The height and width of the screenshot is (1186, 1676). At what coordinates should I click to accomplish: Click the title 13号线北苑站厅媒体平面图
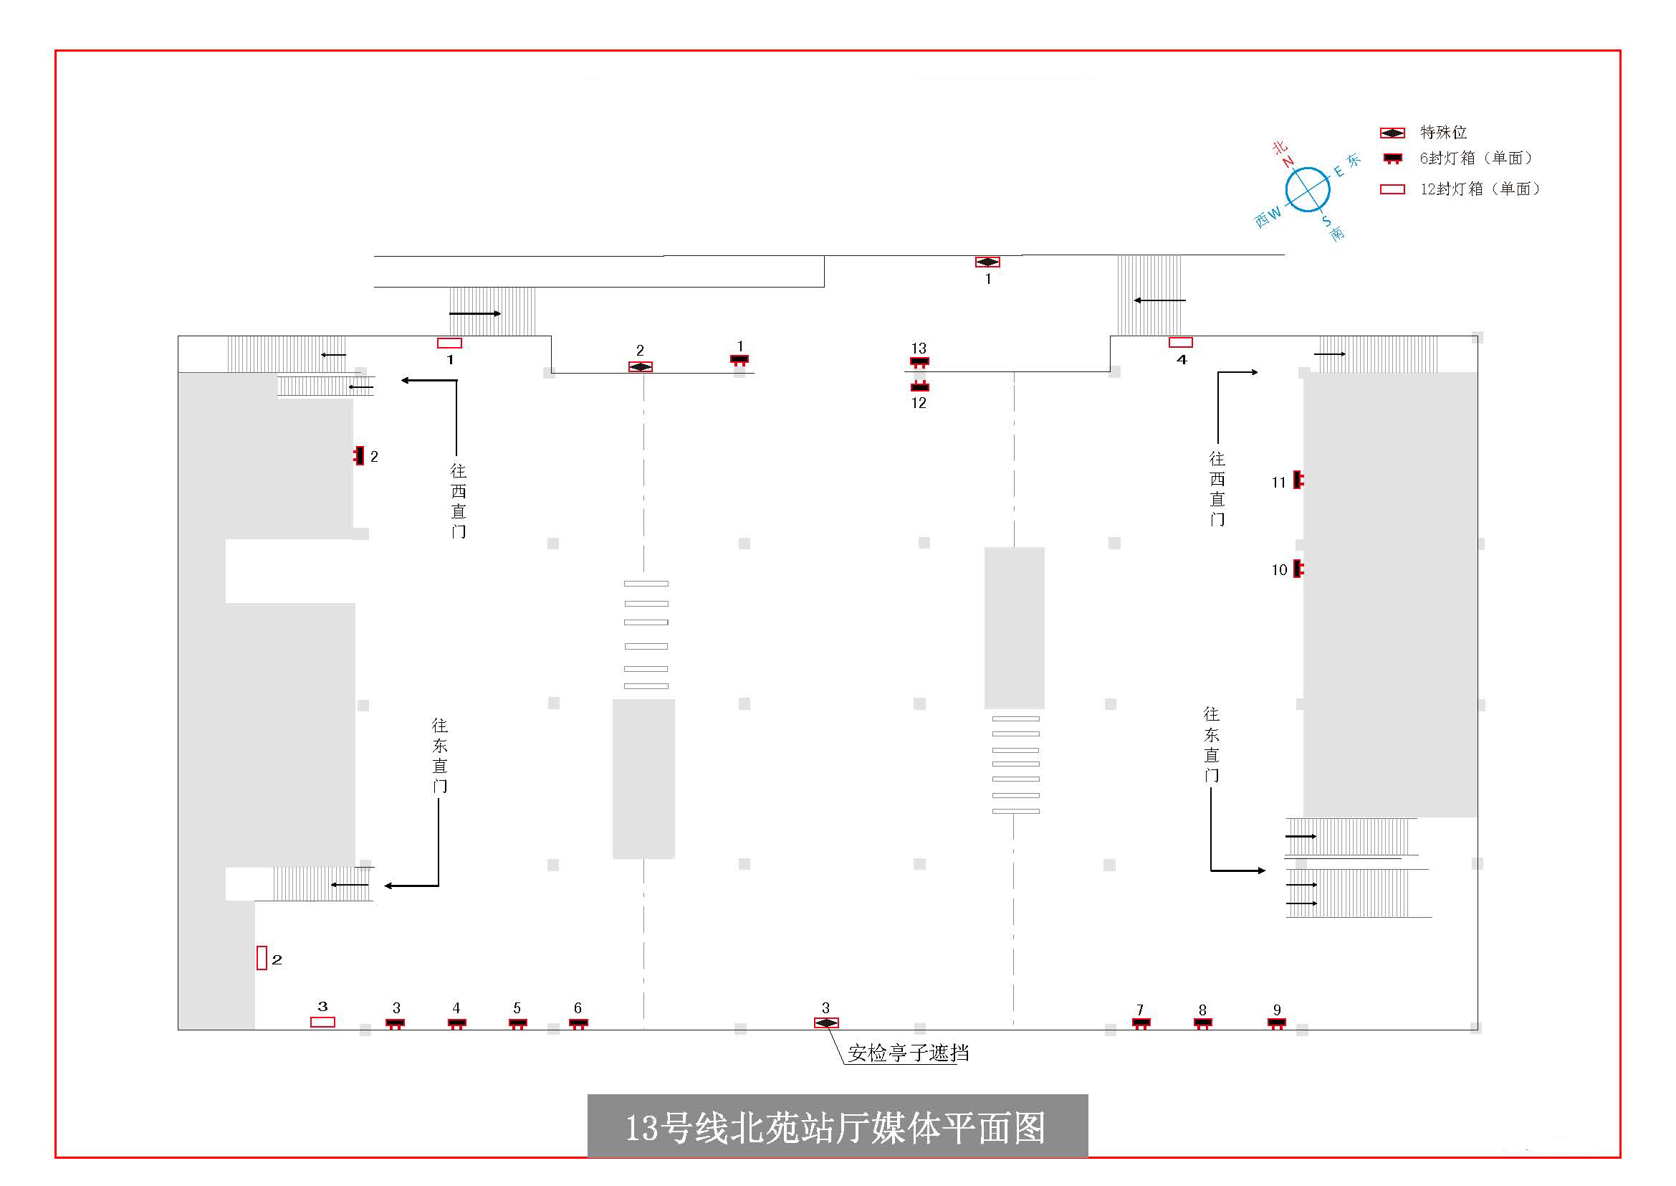coord(835,1128)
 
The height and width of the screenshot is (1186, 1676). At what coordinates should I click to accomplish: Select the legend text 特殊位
coord(1443,132)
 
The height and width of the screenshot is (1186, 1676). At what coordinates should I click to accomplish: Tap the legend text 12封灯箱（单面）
coord(1480,189)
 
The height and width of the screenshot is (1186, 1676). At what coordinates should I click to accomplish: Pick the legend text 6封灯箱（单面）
coord(1476,158)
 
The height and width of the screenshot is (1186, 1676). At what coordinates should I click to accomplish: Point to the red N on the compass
coord(1288,162)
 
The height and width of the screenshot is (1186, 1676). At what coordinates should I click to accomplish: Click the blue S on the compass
coord(1326,220)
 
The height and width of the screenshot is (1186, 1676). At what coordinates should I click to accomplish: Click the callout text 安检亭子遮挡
coord(909,1053)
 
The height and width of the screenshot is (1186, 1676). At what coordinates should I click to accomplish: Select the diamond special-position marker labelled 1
coord(987,262)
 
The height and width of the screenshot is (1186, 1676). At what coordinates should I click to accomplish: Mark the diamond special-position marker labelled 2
coord(640,366)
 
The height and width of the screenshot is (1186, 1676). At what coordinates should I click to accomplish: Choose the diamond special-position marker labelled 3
coord(826,1023)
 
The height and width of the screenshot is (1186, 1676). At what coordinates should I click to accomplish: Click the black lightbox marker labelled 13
coord(919,362)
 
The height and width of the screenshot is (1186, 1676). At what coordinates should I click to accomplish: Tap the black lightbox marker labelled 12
coord(920,386)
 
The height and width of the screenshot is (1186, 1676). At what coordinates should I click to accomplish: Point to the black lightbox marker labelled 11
coord(1298,480)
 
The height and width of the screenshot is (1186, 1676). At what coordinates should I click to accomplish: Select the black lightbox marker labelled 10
coord(1298,568)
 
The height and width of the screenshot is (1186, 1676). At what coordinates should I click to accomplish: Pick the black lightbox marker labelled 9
coord(1277,1023)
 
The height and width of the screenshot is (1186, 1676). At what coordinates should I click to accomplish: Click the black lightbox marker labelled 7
coord(1141,1023)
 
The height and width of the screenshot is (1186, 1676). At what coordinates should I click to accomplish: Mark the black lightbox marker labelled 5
coord(517,1023)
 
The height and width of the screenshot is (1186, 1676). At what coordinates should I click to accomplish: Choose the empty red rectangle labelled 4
coord(1180,343)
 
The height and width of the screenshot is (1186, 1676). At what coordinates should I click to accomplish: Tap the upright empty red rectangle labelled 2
coord(262,957)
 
